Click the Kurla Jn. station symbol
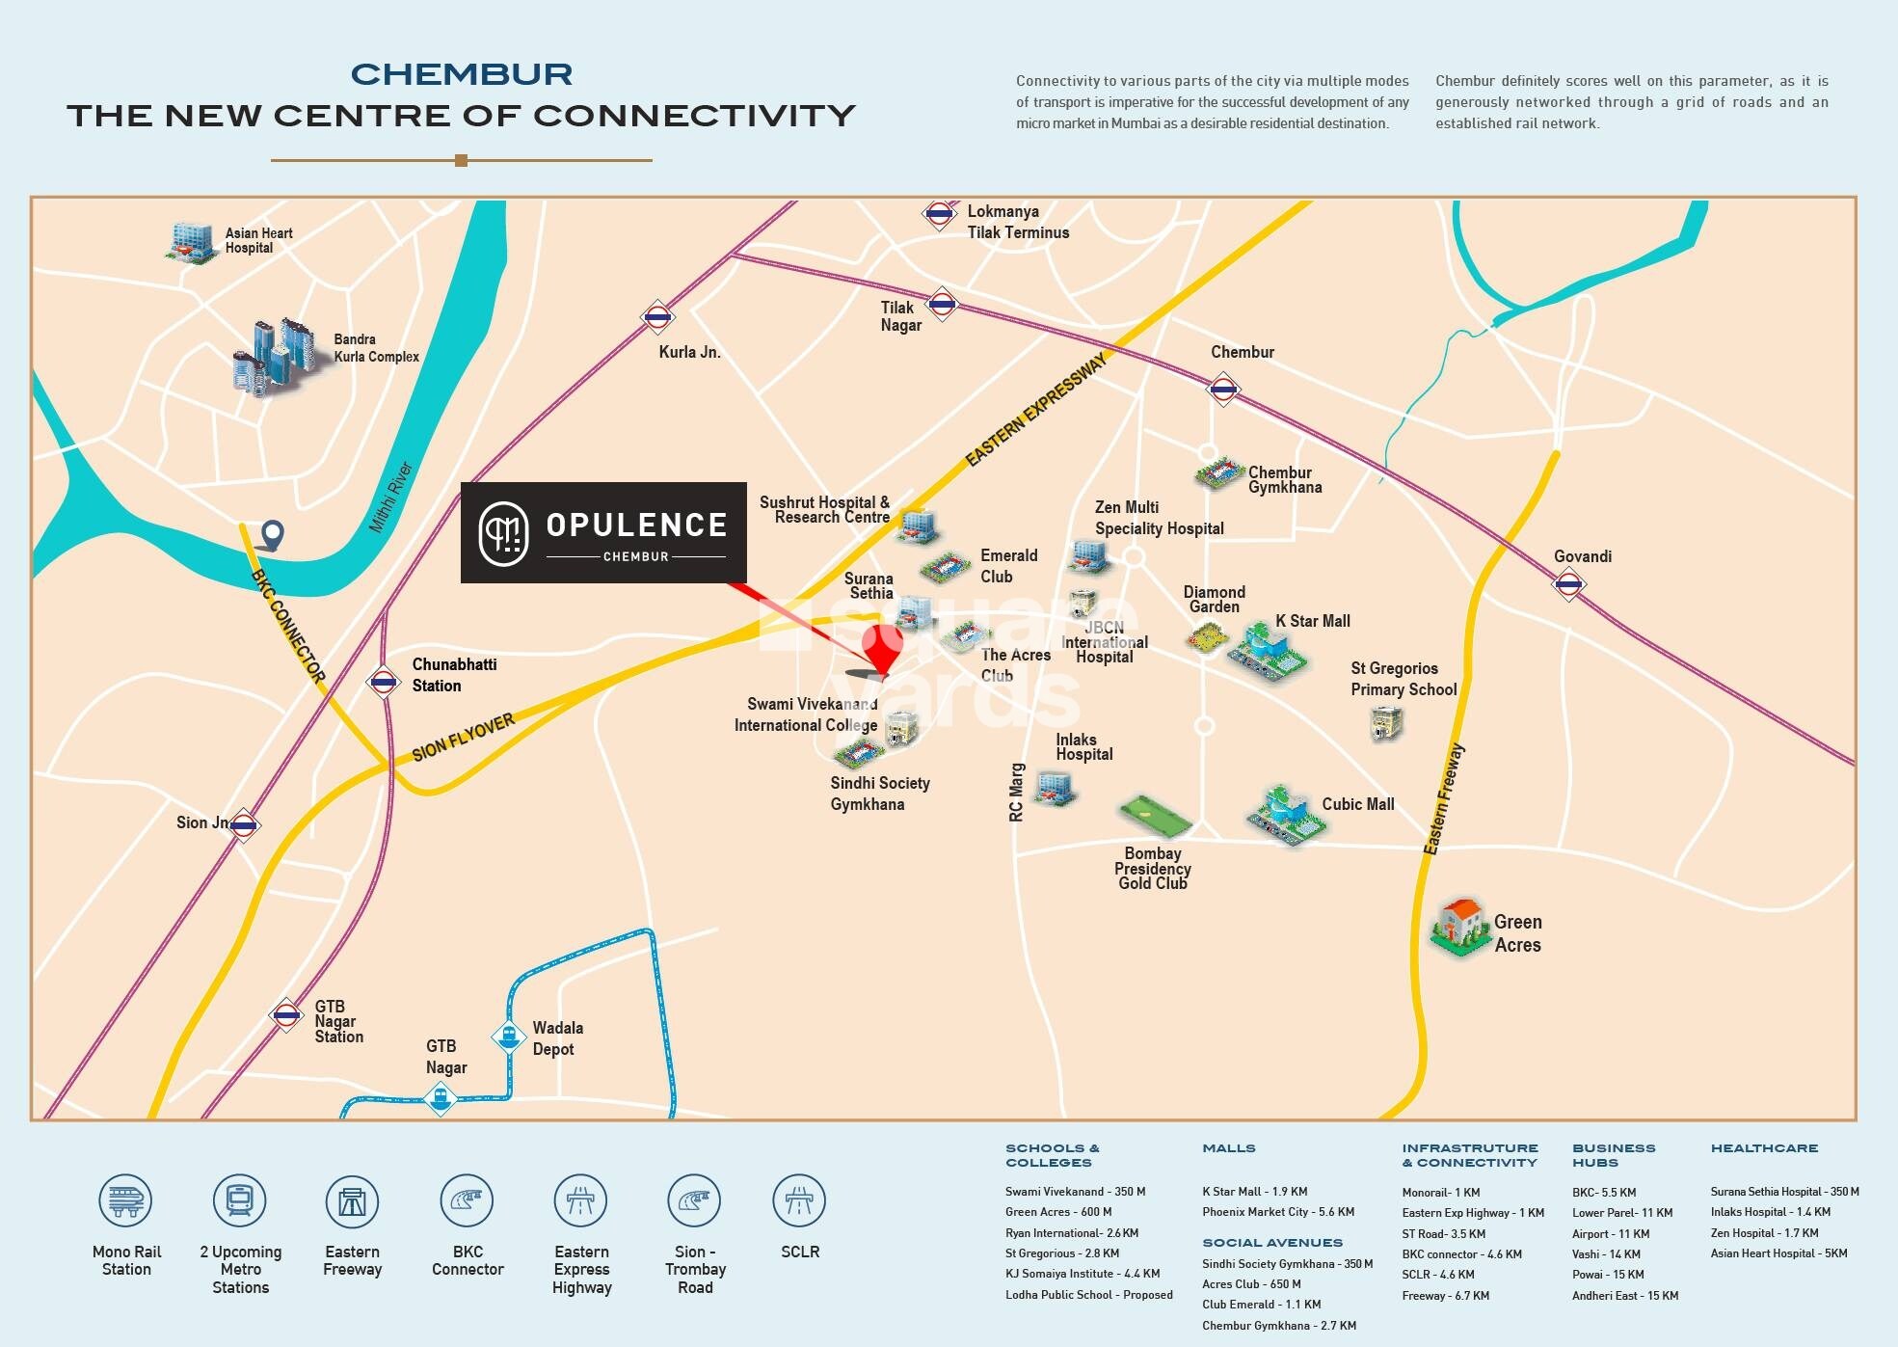pyautogui.click(x=657, y=316)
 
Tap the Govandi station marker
pyautogui.click(x=1568, y=584)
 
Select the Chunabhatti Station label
pyautogui.click(x=454, y=675)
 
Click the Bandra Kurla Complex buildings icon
pyautogui.click(x=275, y=357)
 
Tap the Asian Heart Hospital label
pyautogui.click(x=258, y=240)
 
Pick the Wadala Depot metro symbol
pyautogui.click(x=508, y=1036)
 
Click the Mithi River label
pyautogui.click(x=390, y=498)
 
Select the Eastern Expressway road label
pyautogui.click(x=1036, y=410)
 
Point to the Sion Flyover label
pyautogui.click(x=464, y=738)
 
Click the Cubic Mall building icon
pyautogui.click(x=1285, y=816)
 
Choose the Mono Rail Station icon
pyautogui.click(x=125, y=1200)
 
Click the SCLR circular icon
pyautogui.click(x=799, y=1200)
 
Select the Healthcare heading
pyautogui.click(x=1764, y=1148)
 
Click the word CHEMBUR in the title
pyautogui.click(x=462, y=74)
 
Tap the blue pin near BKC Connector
pyautogui.click(x=274, y=535)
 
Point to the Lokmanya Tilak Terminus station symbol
pyautogui.click(x=938, y=214)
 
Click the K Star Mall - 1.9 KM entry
pyautogui.click(x=1254, y=1192)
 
